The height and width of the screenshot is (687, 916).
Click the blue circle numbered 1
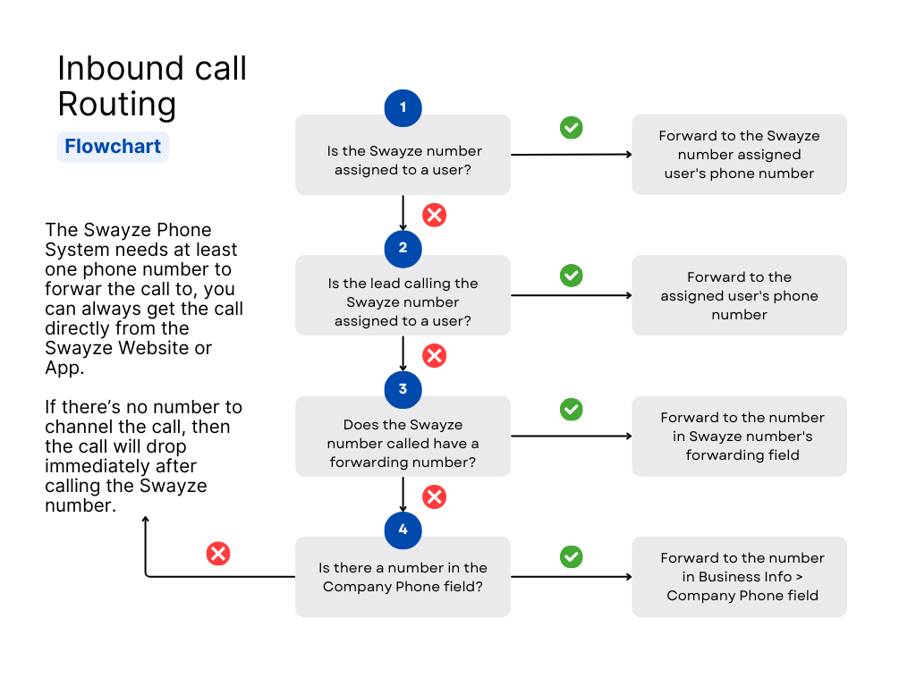403,108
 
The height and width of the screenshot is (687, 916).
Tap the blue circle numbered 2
403,249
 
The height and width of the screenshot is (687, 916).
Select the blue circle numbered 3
403,390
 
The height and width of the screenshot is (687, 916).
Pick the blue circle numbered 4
403,530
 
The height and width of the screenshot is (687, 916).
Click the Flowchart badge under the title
113,147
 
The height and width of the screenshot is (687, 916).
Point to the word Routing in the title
117,104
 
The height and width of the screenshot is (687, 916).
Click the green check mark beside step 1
572,127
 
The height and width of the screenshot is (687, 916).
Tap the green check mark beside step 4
572,556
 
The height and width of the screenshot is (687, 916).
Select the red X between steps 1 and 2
435,215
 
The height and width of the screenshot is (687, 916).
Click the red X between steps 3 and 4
435,497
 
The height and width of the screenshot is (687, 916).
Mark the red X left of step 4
218,554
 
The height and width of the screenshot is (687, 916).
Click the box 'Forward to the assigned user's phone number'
739,295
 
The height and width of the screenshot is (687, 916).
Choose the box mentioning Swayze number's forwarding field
739,437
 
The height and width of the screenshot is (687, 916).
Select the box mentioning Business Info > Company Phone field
739,577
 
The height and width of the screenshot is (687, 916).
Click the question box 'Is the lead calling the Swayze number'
403,295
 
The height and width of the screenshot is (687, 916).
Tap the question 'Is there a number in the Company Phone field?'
403,577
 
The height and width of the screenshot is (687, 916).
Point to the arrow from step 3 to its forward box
572,437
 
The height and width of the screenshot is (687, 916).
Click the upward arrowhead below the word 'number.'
146,519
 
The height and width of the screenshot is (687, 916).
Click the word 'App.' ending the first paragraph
64,369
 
